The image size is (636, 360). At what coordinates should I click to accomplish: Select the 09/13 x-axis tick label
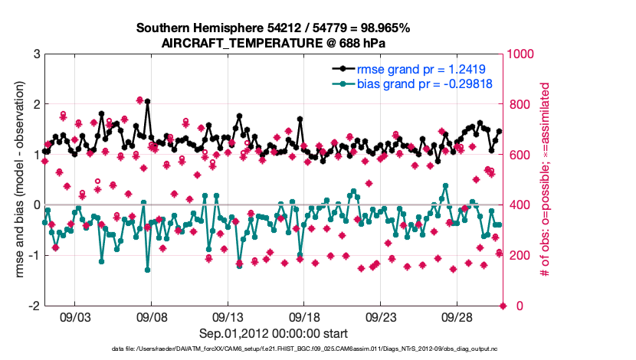[x=228, y=316]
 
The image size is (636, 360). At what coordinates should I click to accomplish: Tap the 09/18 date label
[x=304, y=316]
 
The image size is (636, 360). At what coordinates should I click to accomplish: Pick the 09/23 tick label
[x=381, y=316]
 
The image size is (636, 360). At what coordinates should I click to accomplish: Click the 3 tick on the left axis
[x=36, y=54]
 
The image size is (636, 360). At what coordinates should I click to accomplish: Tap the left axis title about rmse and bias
[x=18, y=180]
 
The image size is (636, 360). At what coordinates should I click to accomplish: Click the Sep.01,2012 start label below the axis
[x=274, y=333]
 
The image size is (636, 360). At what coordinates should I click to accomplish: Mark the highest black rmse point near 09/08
[x=147, y=101]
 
